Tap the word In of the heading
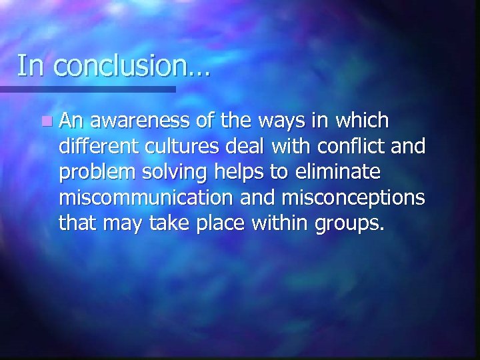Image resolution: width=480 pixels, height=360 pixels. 30,66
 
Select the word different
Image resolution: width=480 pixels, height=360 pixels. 95,147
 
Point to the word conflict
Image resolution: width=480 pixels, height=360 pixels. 352,147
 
